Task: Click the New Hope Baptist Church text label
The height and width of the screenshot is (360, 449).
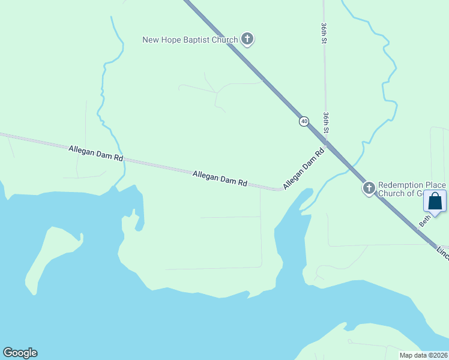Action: [x=190, y=40]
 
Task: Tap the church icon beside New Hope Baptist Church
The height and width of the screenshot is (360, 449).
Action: [x=247, y=40]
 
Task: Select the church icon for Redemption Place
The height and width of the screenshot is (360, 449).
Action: [x=369, y=188]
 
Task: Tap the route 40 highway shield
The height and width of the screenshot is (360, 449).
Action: [x=304, y=121]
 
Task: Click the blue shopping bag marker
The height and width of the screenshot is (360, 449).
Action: [x=435, y=202]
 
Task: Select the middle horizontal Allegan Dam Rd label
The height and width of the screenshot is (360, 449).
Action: [x=220, y=178]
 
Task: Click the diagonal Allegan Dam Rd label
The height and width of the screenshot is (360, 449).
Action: [x=304, y=169]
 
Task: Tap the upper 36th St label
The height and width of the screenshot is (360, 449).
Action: [x=323, y=34]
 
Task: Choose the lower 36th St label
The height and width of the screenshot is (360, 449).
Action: [x=325, y=122]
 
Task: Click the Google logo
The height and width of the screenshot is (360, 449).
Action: [x=20, y=353]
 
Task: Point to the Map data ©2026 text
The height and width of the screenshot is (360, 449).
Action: [x=423, y=355]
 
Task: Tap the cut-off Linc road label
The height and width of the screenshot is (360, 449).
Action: [x=442, y=251]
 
